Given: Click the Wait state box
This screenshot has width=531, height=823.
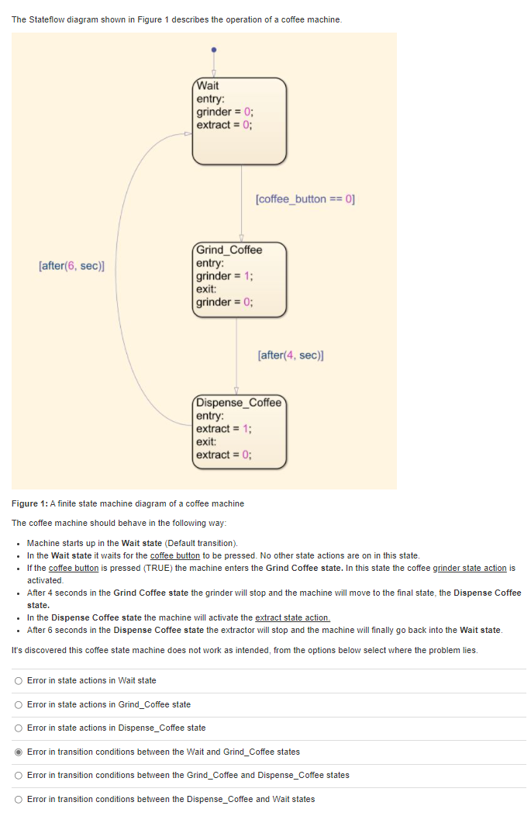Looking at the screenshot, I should (x=240, y=119).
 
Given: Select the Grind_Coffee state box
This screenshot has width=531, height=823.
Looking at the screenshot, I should (x=240, y=278).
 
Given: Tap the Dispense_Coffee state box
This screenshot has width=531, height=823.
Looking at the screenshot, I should (x=240, y=431).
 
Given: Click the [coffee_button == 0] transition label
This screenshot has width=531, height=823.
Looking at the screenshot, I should (x=305, y=199).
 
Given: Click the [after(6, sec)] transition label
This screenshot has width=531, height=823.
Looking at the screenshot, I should (x=71, y=266).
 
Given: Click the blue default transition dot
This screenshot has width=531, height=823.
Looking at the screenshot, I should (x=214, y=48).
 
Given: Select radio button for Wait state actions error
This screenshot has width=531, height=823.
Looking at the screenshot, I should (x=19, y=680).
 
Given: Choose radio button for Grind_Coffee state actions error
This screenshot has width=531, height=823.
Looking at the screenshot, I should (x=19, y=704).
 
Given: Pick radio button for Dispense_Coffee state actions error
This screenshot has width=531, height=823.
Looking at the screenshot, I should (x=19, y=728).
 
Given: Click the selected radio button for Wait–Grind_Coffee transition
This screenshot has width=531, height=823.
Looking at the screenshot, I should (x=19, y=752).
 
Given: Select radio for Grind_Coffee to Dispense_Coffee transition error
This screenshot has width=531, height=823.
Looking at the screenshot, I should (x=19, y=775).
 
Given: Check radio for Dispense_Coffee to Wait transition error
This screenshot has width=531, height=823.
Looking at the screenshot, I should (x=19, y=799).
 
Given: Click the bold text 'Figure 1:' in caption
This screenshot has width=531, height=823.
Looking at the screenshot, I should (x=29, y=503).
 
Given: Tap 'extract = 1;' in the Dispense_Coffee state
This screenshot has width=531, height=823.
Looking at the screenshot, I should (x=224, y=429).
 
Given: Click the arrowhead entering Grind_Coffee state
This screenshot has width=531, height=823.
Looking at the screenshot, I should (x=241, y=238).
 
